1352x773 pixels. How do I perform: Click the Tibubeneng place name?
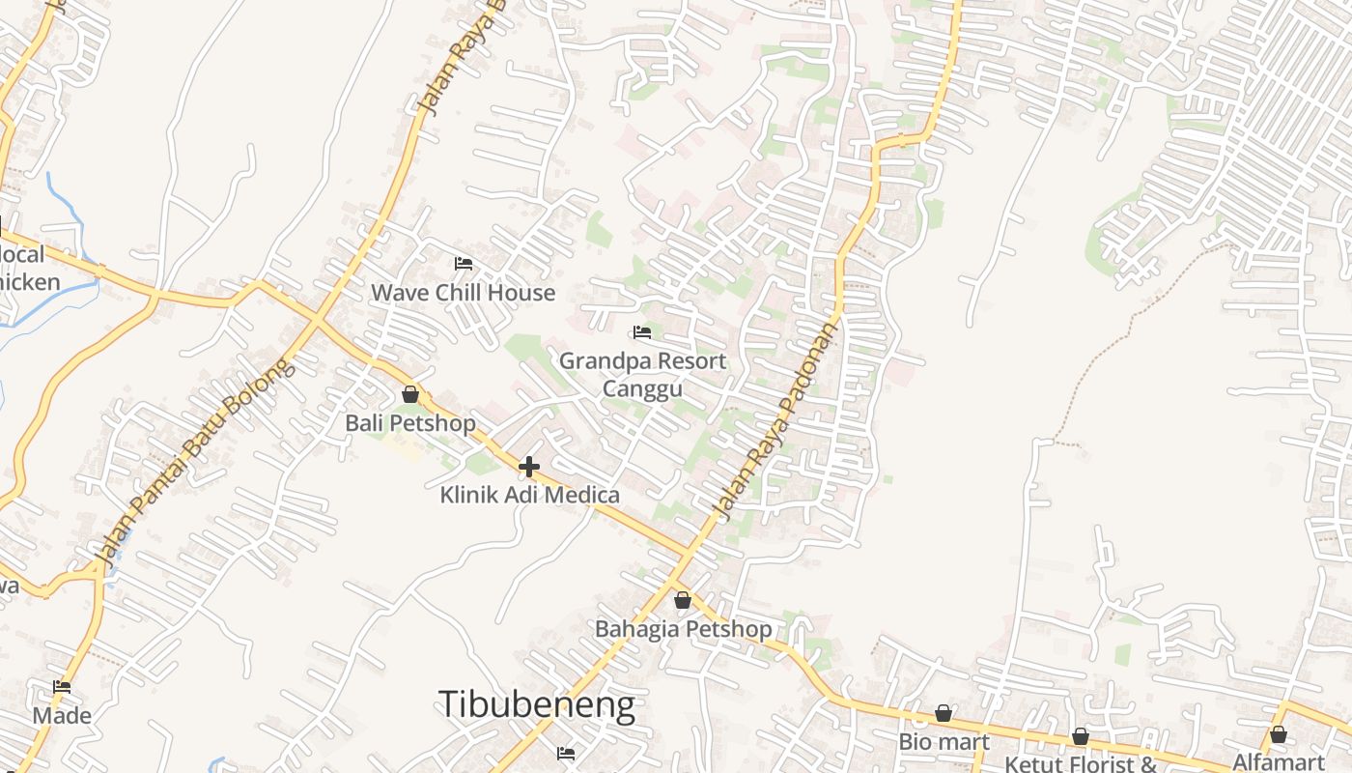(x=537, y=704)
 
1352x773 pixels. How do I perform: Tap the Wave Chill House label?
(x=464, y=293)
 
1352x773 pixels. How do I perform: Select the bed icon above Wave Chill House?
(x=464, y=263)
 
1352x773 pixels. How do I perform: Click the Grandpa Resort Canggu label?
(x=643, y=374)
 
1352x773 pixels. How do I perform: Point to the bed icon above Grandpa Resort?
(x=642, y=332)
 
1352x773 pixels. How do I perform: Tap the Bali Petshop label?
(x=410, y=423)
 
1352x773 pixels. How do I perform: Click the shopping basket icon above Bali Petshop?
(x=410, y=394)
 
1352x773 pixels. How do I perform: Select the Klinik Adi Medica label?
(x=530, y=495)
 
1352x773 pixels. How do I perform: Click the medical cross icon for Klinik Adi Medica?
(x=528, y=467)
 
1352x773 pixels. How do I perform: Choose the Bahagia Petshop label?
(x=683, y=629)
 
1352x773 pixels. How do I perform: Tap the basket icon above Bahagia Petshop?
(x=683, y=600)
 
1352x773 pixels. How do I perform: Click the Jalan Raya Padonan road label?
(x=774, y=420)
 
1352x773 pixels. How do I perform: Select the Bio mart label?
(x=944, y=742)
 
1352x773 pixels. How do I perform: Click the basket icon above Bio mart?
(x=944, y=713)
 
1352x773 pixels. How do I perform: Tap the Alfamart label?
(x=1278, y=761)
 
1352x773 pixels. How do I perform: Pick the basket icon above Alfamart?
(x=1279, y=734)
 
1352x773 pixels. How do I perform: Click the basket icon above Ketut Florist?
(x=1081, y=736)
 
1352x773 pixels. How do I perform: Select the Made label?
(x=62, y=716)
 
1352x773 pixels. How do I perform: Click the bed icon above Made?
(x=62, y=687)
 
